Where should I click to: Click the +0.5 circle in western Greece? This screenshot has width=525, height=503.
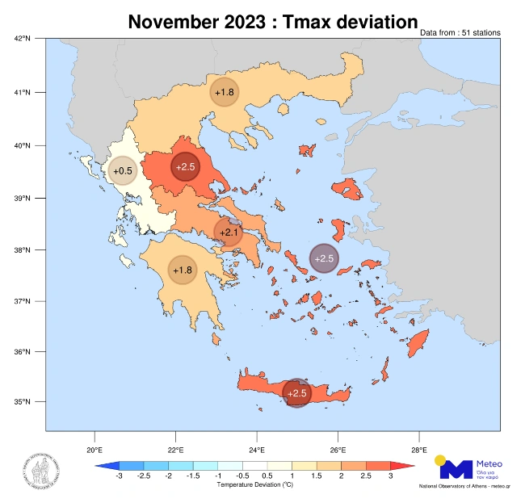coord(122,171)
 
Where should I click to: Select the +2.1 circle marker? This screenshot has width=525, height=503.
coord(228,233)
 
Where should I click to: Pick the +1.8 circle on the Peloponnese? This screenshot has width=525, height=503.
coord(181,270)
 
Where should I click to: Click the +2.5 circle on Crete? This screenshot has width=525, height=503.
coord(297,393)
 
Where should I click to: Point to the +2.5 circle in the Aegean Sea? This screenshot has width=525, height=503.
coord(324,258)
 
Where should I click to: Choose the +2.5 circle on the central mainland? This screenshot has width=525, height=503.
coord(185,167)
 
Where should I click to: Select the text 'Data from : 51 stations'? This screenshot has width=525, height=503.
coord(460,33)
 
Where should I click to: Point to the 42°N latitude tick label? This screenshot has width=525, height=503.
coord(23,38)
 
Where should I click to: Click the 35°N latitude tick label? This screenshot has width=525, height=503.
coord(23,402)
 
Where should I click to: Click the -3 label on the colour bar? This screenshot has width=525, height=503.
coord(119,477)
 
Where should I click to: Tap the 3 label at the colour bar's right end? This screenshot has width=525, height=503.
coord(390,477)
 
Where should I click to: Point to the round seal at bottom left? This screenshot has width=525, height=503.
coord(40,469)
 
